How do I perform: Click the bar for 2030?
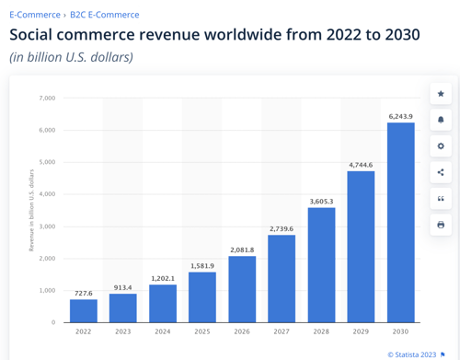tap(400, 223)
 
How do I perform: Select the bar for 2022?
tap(84, 310)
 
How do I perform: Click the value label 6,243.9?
tap(400, 116)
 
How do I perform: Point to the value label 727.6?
tap(84, 293)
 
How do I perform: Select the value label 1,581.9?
tap(202, 265)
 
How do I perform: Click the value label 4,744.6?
tap(361, 165)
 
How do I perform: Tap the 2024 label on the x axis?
tap(163, 331)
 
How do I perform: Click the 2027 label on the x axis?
tap(282, 331)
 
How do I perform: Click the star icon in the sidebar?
tap(441, 94)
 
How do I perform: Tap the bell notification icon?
tap(441, 120)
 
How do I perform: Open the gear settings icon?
tap(441, 146)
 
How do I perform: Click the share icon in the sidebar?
tap(441, 172)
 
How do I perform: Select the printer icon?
tap(441, 225)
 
